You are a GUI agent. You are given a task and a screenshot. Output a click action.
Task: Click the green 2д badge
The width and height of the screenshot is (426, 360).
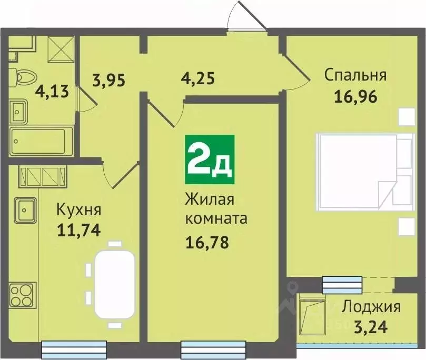pos(210,156)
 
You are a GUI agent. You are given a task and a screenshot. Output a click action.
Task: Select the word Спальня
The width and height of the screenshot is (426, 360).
pos(355,75)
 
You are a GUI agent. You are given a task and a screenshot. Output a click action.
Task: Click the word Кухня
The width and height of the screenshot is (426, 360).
pos(78,211)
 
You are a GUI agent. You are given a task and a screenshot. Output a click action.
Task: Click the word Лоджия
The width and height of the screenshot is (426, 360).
pos(371,306)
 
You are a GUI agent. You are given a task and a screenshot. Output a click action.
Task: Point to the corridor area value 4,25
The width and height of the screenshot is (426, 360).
pos(197,81)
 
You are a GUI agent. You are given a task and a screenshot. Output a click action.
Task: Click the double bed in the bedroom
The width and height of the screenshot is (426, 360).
pos(355,172)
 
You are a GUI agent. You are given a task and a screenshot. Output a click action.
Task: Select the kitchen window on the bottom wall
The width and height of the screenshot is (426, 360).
pos(74,349)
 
